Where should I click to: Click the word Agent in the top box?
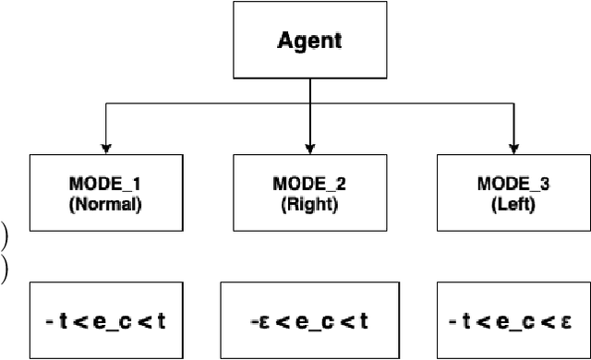coord(309,42)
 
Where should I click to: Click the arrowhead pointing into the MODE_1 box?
coord(106,147)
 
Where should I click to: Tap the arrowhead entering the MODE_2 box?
coord(309,147)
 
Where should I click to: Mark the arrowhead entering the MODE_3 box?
coord(513,147)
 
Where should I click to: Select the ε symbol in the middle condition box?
coord(264,322)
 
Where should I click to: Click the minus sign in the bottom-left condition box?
coord(47,322)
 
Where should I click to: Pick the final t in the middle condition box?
coord(366,322)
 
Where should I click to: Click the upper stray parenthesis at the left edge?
coord(4,235)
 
